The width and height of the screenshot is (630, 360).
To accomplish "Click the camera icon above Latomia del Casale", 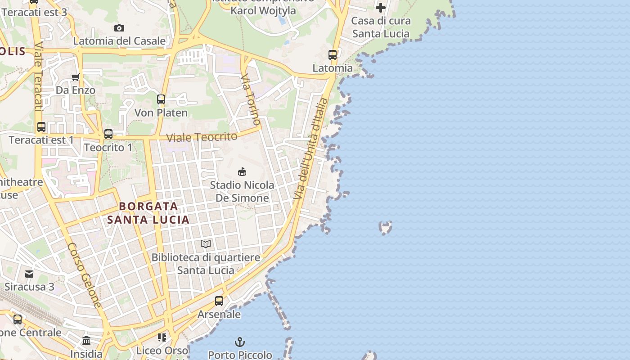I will click(119, 28).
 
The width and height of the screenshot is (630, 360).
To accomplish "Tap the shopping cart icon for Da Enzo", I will click(76, 77).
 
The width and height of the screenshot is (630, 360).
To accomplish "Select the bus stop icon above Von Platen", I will click(161, 99).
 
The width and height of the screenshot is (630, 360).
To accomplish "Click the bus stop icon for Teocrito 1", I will click(108, 134).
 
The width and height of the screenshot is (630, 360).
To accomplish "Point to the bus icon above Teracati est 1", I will click(41, 127).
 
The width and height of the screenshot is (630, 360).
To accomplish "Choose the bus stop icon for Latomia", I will click(333, 55).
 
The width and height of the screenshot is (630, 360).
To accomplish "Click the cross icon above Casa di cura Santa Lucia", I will click(381, 8).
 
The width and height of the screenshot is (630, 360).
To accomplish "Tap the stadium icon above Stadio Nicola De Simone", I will click(242, 171).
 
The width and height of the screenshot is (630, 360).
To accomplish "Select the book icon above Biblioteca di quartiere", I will click(206, 244).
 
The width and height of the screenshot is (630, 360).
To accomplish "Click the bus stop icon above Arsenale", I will click(219, 301).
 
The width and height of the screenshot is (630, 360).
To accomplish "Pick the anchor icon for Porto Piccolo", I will click(240, 342).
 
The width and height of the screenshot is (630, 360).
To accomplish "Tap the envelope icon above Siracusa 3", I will click(29, 274).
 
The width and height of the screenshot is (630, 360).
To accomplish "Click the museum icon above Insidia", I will click(86, 341).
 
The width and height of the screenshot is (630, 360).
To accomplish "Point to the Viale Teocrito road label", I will click(202, 137).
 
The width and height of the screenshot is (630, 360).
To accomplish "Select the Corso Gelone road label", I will click(85, 275).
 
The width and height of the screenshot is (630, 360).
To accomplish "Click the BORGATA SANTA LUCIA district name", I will click(148, 213).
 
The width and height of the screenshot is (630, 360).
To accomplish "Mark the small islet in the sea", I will click(385, 227).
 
